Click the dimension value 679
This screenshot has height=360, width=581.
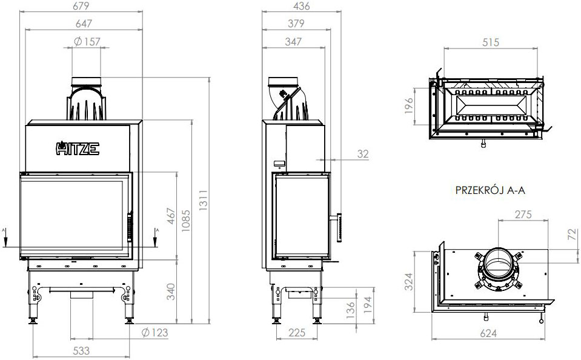83,7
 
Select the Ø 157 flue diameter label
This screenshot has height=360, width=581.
87,42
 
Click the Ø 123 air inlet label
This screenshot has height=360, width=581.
154,333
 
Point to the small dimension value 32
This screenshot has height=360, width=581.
362,155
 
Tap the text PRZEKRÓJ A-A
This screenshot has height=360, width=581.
490,190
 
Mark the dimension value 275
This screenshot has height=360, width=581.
522,215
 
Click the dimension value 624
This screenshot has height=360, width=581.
490,333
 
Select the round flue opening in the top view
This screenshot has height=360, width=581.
499,265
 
